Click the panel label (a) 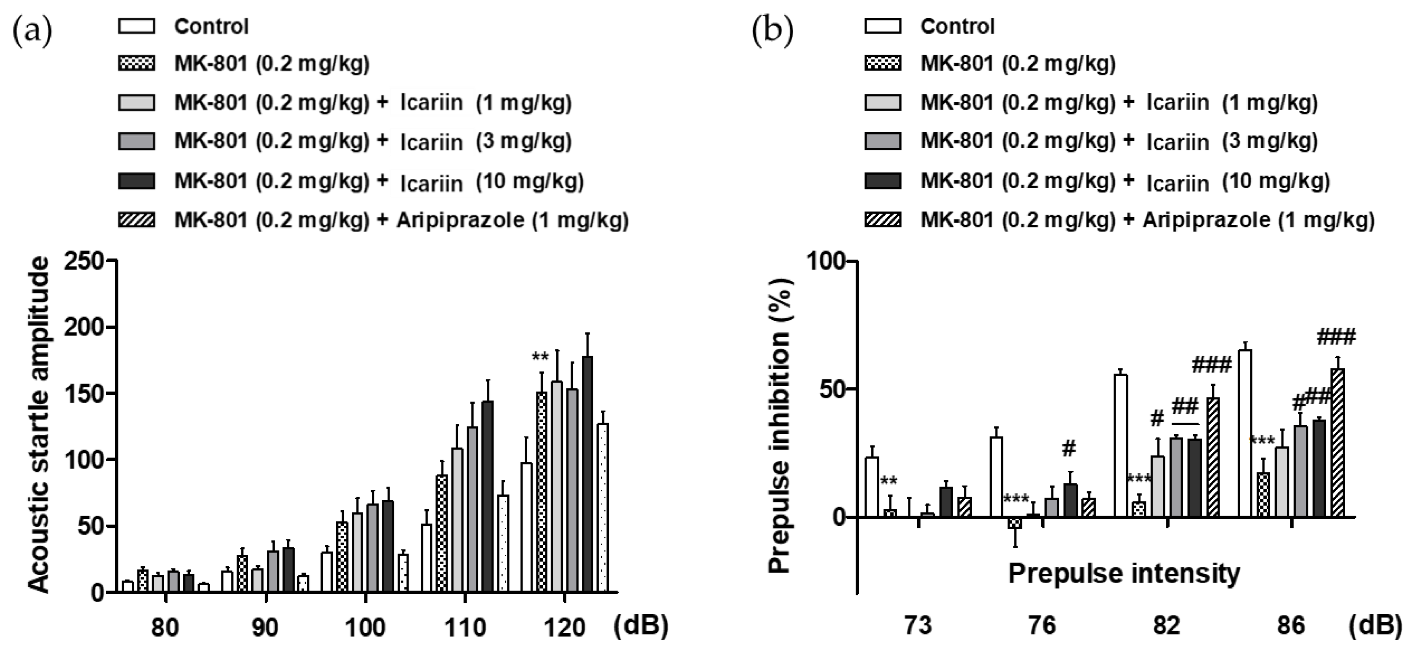(x=32, y=31)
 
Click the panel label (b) (x=772, y=31)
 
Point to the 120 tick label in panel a (x=565, y=627)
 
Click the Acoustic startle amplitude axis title (x=39, y=426)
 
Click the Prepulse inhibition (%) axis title (x=779, y=426)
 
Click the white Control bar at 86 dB (x=1245, y=434)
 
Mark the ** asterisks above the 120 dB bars (x=540, y=357)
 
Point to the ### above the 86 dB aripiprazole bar (x=1336, y=336)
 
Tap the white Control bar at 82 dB (x=1120, y=446)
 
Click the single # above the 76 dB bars (x=1068, y=449)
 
